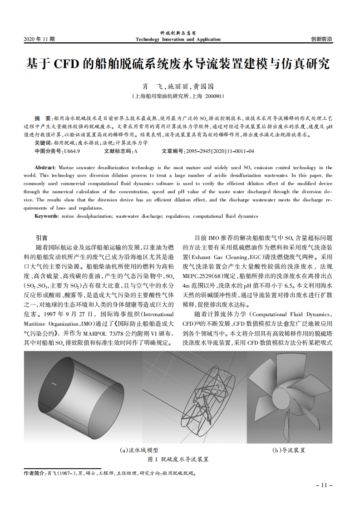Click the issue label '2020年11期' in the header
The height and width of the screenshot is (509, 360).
(39, 39)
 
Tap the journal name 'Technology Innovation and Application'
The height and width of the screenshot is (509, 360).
(178, 39)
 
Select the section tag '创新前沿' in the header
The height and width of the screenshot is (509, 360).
(321, 39)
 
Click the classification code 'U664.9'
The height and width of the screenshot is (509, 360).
(72, 151)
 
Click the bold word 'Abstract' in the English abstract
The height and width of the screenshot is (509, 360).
(45, 167)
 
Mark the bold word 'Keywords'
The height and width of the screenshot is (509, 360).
(46, 216)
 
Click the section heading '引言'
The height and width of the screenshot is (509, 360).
(41, 238)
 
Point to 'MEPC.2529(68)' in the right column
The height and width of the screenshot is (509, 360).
(203, 275)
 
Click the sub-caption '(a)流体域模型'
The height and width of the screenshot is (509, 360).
(139, 450)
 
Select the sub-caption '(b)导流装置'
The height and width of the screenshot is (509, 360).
(289, 450)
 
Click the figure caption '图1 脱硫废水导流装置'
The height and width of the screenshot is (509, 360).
(178, 459)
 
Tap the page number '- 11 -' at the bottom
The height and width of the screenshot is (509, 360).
(324, 485)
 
